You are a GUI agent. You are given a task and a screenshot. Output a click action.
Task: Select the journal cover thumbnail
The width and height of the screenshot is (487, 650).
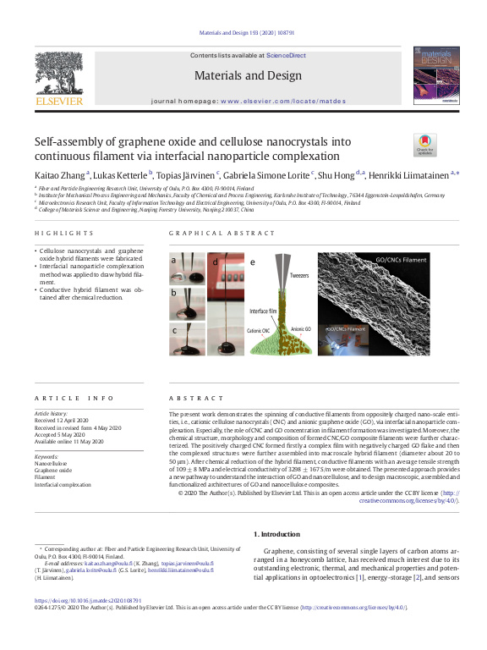(436, 74)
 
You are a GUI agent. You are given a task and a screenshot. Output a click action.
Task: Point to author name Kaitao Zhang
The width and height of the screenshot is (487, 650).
(59, 174)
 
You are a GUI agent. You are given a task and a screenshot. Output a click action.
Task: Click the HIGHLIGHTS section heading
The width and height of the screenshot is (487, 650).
(64, 233)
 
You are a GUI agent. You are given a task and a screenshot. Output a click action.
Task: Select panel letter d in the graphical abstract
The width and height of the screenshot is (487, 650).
(215, 262)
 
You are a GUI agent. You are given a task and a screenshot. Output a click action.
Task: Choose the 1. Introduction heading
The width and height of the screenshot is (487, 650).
(276, 535)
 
